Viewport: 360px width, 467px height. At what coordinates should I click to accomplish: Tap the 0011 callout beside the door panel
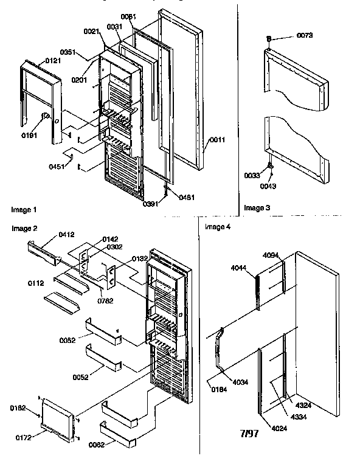click(x=216, y=140)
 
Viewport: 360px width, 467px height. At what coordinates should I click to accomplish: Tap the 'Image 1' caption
click(x=24, y=210)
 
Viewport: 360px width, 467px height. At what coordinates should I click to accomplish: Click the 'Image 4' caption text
click(x=218, y=227)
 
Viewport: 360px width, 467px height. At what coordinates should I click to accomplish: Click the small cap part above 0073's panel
click(x=268, y=39)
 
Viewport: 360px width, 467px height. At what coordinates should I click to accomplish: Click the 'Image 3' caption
click(x=257, y=208)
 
